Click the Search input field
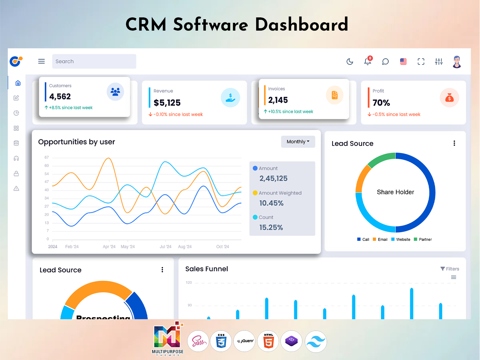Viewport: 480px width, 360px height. pos(94,61)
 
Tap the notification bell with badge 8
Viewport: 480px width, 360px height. pos(367,61)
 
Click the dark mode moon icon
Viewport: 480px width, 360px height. pos(350,61)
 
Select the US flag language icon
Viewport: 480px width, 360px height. pos(403,61)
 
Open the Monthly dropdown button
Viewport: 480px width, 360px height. pos(298,142)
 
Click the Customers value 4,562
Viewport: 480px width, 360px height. pos(60,97)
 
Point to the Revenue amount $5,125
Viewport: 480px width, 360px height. pos(167,103)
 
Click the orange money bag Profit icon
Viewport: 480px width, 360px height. pos(449,98)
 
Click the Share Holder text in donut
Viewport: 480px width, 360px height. pos(395,192)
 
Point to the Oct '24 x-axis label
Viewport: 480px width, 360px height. pos(222,247)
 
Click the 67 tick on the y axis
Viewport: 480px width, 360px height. pos(46,157)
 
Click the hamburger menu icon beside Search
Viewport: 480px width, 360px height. pos(41,61)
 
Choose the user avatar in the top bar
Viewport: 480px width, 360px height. pos(457,62)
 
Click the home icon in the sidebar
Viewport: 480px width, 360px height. pos(18,83)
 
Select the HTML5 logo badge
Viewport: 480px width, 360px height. pos(268,341)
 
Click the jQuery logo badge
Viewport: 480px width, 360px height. pos(245,341)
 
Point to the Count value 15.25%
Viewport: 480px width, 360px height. pos(271,227)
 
